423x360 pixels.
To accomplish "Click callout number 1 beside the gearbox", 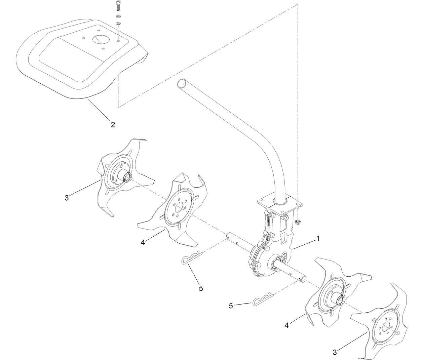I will (318, 238).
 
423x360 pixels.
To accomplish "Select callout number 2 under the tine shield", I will (113, 124).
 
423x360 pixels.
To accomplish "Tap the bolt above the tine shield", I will (118, 6).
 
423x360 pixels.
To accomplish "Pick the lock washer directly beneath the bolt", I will (118, 16).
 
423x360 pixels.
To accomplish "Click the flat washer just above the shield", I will (118, 23).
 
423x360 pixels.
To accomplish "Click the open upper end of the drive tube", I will (182, 83).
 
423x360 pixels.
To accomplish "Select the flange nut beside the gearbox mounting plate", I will (297, 222).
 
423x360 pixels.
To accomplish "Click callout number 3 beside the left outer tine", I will (67, 198).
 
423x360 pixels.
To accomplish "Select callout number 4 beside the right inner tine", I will (286, 325).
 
